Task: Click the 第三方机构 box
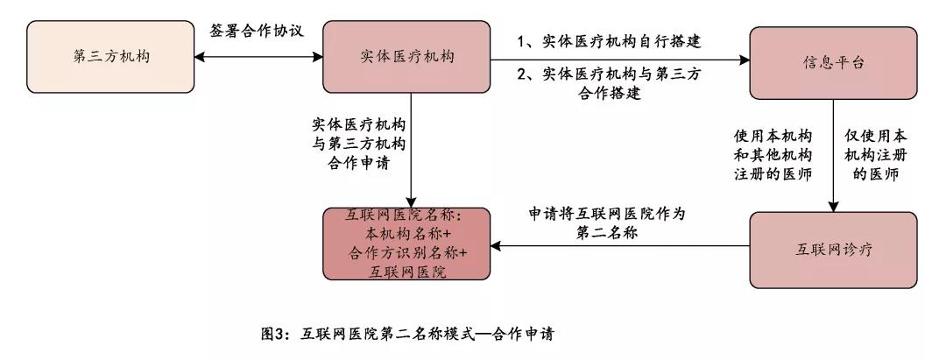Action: [110, 57]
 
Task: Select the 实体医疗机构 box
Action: [406, 57]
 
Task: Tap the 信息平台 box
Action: [833, 63]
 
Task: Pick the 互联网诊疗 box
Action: [833, 249]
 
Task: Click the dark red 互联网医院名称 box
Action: [406, 244]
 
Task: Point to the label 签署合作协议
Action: [257, 31]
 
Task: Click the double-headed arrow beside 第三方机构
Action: [258, 57]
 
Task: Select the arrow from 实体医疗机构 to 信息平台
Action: [619, 60]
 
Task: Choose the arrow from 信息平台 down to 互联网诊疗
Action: [833, 156]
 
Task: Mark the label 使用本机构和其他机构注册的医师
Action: [773, 154]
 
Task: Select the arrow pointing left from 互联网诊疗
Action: [619, 246]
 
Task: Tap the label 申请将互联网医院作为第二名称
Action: [608, 223]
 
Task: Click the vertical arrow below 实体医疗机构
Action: [411, 150]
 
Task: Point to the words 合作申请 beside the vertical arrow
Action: [358, 164]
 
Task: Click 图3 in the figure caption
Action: [275, 334]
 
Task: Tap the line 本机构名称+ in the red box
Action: [407, 233]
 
